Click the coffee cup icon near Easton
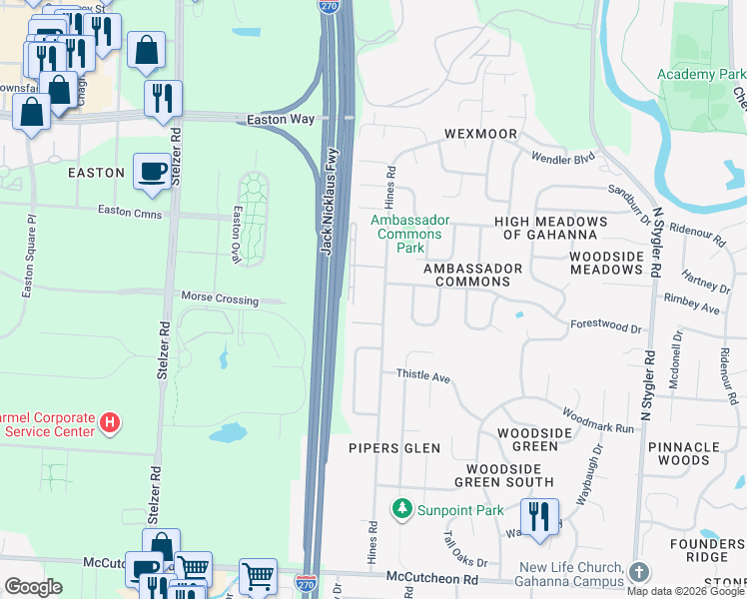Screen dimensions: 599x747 point(152,172)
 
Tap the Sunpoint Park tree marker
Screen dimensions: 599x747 point(402,509)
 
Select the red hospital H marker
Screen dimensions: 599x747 point(110,423)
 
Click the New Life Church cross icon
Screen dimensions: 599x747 point(639,572)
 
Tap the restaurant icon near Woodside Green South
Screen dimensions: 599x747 point(539,517)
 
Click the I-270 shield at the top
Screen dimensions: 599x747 point(329,6)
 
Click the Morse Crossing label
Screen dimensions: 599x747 point(220,299)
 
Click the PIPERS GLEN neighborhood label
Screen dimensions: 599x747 point(394,448)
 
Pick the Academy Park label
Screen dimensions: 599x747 point(701,75)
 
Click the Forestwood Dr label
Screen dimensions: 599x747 point(605,325)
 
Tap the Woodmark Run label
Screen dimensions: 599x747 point(597,419)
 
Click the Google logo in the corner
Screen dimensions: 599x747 point(33,587)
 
